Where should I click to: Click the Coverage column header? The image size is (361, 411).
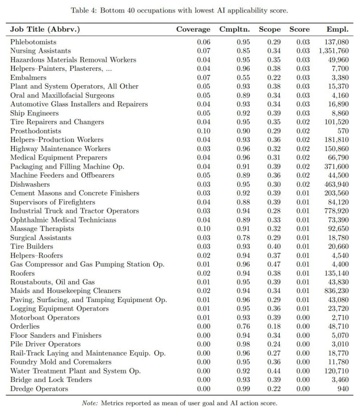(x=193, y=30)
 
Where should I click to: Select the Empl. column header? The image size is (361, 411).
(x=337, y=30)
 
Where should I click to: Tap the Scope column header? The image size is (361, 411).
(x=270, y=30)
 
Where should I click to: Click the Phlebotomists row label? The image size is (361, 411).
(x=33, y=42)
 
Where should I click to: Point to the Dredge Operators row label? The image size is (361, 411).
(x=39, y=389)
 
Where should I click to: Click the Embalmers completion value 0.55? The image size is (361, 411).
(x=244, y=78)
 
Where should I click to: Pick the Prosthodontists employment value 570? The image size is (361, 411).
(x=342, y=131)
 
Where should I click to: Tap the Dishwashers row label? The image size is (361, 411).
(x=29, y=184)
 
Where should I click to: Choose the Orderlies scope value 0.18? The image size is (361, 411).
(x=274, y=327)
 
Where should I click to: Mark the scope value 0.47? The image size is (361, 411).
(x=274, y=264)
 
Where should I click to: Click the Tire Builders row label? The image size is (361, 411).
(x=32, y=246)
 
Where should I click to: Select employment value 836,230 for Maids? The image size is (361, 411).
(x=336, y=291)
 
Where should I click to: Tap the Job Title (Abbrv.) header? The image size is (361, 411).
(x=45, y=30)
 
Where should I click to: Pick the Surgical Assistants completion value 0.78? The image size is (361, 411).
(x=244, y=238)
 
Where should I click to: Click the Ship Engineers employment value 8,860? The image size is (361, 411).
(x=340, y=113)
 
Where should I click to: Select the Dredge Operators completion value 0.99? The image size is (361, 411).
(x=244, y=389)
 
